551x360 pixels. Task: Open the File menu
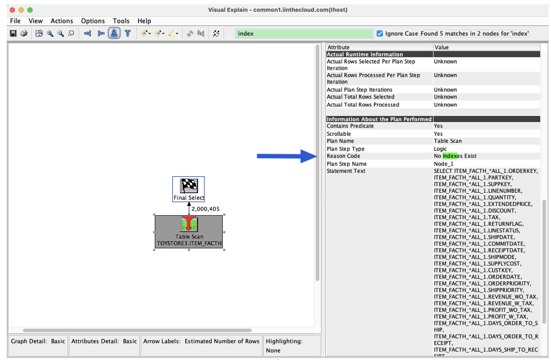[15, 21]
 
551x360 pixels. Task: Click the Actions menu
[62, 21]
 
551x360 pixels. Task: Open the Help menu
[144, 21]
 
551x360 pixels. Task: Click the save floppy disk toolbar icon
[13, 33]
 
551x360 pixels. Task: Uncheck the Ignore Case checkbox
[380, 33]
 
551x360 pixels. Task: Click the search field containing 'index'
[304, 33]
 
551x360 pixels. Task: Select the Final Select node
[189, 189]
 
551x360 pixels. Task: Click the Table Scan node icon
[189, 224]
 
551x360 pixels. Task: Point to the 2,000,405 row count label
[205, 209]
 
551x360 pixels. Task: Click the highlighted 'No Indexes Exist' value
[455, 156]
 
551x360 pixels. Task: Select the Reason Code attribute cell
[343, 156]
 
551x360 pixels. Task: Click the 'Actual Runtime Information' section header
[365, 54]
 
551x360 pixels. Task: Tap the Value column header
[442, 47]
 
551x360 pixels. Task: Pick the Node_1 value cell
[444, 164]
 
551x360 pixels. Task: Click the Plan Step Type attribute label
[346, 149]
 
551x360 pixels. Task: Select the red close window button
[12, 9]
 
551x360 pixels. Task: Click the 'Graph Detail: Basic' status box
[38, 341]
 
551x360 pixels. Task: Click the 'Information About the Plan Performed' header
[379, 119]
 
